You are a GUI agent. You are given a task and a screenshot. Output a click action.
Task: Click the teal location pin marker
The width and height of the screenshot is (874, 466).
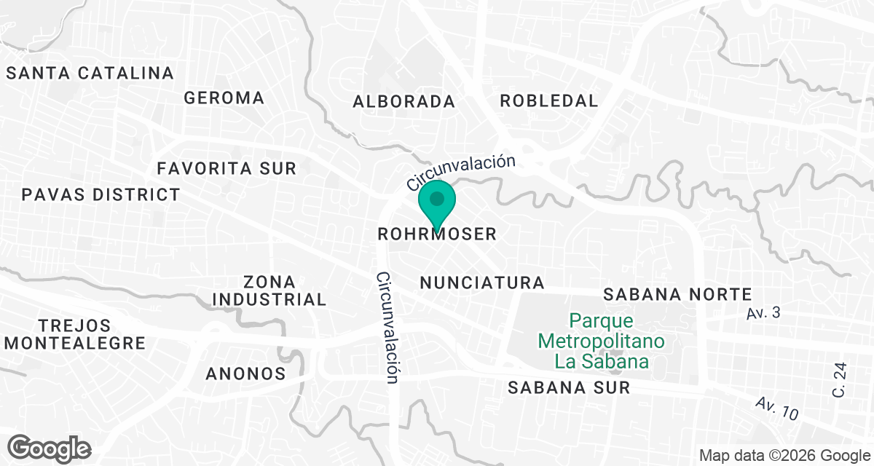tap(436, 202)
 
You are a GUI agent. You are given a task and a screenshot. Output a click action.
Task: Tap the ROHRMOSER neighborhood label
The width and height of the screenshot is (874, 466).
tap(437, 234)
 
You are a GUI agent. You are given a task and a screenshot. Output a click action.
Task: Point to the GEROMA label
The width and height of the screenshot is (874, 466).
tap(224, 98)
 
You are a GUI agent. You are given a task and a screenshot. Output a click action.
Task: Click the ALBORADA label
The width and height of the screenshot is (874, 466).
tap(403, 102)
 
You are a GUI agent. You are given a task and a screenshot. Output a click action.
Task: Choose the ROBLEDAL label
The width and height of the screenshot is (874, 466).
tap(548, 101)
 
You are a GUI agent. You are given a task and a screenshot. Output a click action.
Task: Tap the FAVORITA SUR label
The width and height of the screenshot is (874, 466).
tap(227, 169)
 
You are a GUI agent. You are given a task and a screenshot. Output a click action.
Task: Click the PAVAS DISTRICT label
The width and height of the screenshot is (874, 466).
tap(101, 195)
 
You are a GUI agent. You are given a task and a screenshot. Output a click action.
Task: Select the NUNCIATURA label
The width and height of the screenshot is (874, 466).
tap(482, 283)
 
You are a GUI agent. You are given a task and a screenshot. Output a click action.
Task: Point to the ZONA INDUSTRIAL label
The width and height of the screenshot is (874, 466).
tap(269, 291)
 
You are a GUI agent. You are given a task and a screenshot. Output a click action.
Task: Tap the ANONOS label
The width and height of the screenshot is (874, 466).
tap(245, 374)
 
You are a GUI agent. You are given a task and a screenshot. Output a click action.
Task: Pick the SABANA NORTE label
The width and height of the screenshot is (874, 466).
tap(677, 295)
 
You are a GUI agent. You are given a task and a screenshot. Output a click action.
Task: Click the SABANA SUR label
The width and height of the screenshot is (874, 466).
tap(569, 387)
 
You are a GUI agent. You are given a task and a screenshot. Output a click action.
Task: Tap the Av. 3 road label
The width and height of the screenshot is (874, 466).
tap(764, 313)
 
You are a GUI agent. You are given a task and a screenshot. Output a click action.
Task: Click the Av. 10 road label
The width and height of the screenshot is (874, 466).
tap(776, 408)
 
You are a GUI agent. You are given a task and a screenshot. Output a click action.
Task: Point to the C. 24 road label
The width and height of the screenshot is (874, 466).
tap(840, 381)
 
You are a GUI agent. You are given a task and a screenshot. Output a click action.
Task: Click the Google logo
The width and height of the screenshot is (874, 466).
tap(49, 448)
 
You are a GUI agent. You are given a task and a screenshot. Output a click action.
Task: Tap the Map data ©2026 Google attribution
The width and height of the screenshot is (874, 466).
tap(784, 456)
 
